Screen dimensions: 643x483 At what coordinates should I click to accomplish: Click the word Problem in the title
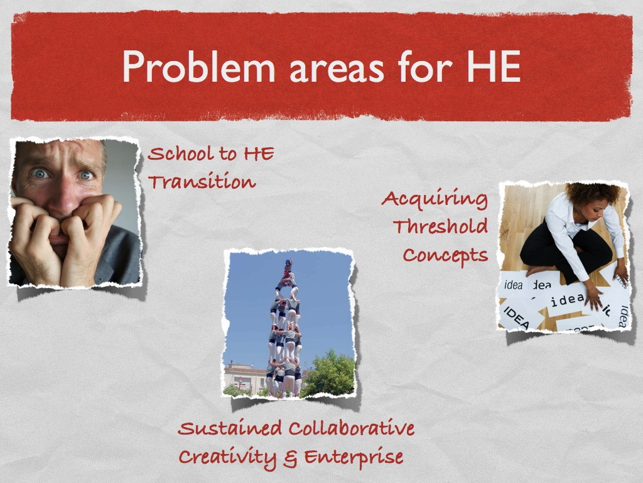tap(198, 67)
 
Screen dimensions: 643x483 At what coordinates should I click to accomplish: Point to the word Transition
tap(202, 182)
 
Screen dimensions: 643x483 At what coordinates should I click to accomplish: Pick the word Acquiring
tap(435, 200)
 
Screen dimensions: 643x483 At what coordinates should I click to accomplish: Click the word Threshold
tap(440, 226)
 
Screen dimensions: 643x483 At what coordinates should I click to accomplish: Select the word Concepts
tap(445, 255)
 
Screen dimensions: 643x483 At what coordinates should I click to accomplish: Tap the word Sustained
tap(230, 428)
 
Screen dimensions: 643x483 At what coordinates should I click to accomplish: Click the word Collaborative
tap(352, 428)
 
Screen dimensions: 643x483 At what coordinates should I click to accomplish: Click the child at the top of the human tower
tap(289, 266)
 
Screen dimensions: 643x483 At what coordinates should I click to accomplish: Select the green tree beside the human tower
tap(328, 374)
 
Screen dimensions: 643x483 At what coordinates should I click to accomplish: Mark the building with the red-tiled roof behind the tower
tap(245, 377)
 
